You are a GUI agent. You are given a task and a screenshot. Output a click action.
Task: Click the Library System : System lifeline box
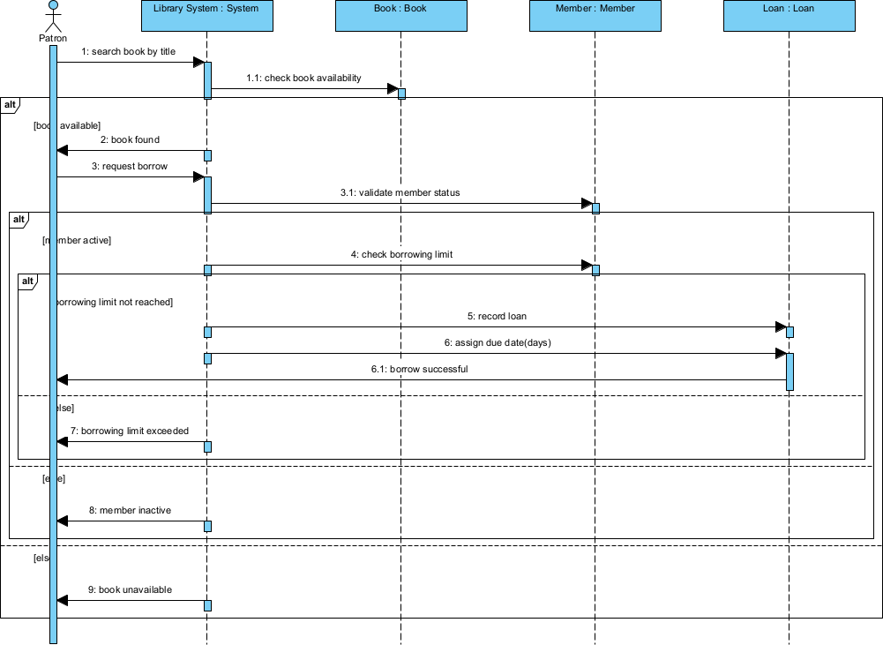pyautogui.click(x=206, y=16)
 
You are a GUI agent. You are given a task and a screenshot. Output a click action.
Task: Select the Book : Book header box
pyautogui.click(x=400, y=16)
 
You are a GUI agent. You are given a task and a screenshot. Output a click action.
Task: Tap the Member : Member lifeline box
pyautogui.click(x=595, y=16)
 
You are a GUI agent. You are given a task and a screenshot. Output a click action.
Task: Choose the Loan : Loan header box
pyautogui.click(x=789, y=16)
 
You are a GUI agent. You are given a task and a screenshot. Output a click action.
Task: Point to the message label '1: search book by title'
pyautogui.click(x=129, y=52)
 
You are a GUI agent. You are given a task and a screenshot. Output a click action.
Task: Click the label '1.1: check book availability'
pyautogui.click(x=303, y=79)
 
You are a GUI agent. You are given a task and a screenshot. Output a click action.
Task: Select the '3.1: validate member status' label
pyautogui.click(x=400, y=192)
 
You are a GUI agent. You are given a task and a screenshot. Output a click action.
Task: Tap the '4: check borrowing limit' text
pyautogui.click(x=401, y=255)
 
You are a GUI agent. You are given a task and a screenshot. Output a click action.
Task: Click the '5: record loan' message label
pyautogui.click(x=497, y=316)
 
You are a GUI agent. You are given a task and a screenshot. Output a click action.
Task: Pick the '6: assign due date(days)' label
pyautogui.click(x=498, y=342)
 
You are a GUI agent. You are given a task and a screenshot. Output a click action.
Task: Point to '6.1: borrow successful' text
pyautogui.click(x=419, y=369)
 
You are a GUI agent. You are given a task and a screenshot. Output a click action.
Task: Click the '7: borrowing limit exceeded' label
pyautogui.click(x=130, y=431)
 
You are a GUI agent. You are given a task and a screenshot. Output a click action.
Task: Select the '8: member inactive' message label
pyautogui.click(x=130, y=510)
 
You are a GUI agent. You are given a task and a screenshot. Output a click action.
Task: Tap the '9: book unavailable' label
pyautogui.click(x=130, y=589)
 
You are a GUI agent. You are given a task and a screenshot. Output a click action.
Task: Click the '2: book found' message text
pyautogui.click(x=130, y=139)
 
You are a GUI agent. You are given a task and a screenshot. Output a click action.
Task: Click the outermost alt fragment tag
pyautogui.click(x=11, y=104)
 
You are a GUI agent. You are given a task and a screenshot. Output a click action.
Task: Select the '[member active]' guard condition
pyautogui.click(x=76, y=240)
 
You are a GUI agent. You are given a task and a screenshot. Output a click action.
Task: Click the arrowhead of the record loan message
pyautogui.click(x=781, y=327)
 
